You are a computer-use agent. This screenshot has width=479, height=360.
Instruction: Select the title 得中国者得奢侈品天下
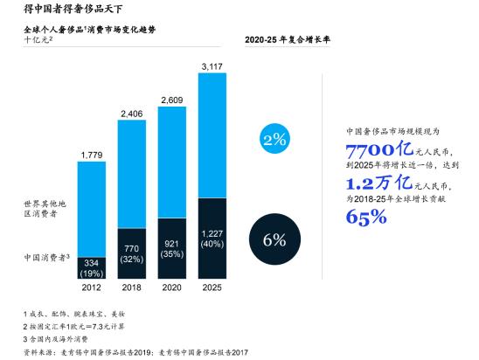(x=73, y=10)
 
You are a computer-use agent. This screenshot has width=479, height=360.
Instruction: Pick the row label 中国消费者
(x=45, y=259)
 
